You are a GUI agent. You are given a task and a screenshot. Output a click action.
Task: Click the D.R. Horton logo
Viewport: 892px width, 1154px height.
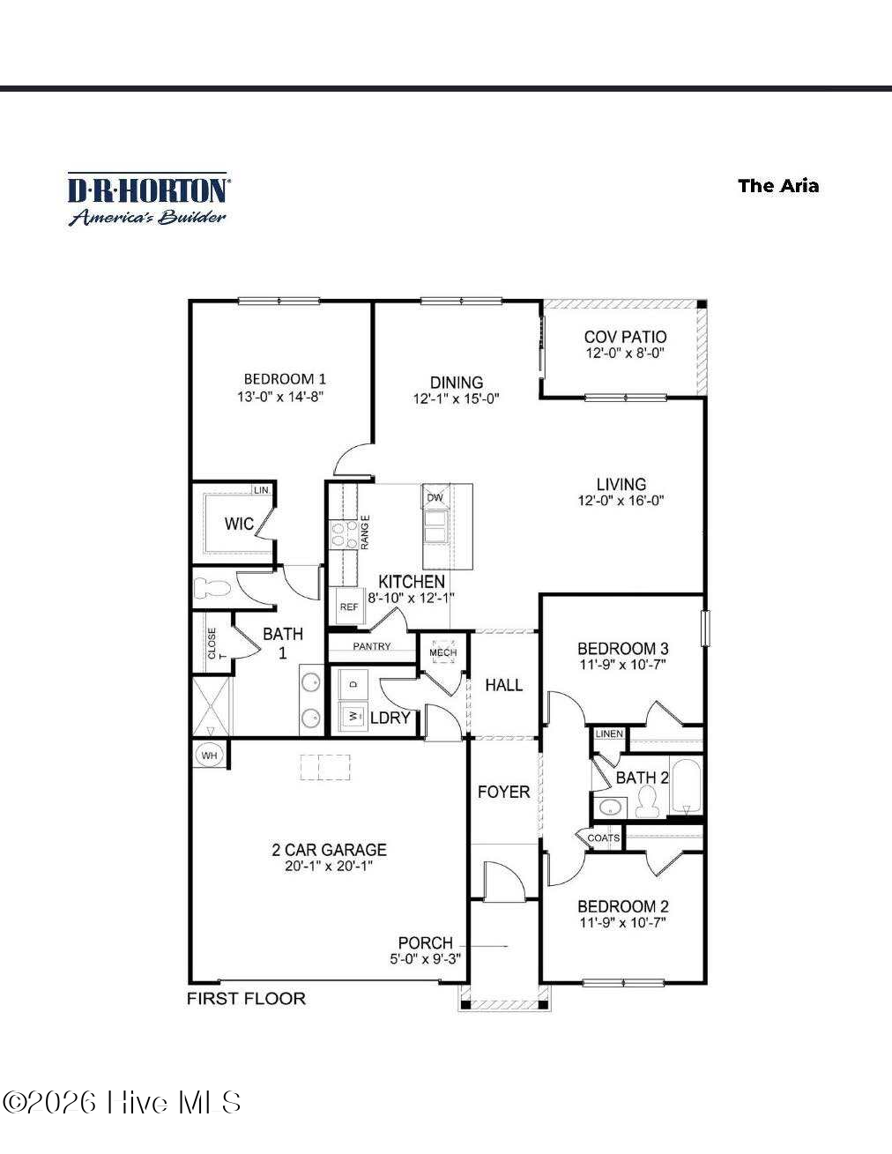click(x=148, y=199)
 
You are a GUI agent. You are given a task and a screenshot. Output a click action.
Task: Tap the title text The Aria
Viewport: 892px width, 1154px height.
click(x=777, y=186)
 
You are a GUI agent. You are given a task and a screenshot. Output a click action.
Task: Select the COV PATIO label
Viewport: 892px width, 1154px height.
click(x=625, y=337)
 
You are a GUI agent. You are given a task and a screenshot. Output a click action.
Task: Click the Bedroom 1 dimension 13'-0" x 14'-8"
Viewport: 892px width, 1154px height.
click(x=280, y=396)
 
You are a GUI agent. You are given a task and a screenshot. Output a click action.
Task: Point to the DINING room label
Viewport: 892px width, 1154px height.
click(x=456, y=383)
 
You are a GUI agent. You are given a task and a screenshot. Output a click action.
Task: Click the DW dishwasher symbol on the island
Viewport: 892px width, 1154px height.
click(x=435, y=497)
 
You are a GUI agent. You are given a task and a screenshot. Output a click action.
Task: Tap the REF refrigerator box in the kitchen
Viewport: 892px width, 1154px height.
click(x=349, y=607)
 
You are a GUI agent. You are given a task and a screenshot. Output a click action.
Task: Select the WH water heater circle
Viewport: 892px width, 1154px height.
click(x=209, y=756)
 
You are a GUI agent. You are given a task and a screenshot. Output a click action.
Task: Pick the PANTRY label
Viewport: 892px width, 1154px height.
click(x=372, y=646)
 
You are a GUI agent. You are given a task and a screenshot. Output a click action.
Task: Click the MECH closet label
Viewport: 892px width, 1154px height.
click(x=442, y=652)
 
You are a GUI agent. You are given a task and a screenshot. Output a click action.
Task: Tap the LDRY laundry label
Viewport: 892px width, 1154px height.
click(x=390, y=718)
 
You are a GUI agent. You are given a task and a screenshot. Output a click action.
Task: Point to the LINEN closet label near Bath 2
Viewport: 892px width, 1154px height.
click(x=609, y=733)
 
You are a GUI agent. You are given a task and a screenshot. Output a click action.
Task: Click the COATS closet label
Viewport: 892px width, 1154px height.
click(x=604, y=838)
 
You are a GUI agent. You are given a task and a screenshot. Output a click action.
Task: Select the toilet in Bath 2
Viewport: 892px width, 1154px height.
click(x=647, y=802)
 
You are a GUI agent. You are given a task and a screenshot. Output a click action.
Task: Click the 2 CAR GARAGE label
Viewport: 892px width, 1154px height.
click(x=329, y=850)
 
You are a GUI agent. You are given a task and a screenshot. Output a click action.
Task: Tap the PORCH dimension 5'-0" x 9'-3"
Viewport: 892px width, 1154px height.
click(x=426, y=959)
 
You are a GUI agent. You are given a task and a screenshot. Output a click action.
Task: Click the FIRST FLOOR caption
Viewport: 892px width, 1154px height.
click(x=247, y=998)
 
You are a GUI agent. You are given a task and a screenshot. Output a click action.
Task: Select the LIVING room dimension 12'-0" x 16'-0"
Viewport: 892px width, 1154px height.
click(x=621, y=500)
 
